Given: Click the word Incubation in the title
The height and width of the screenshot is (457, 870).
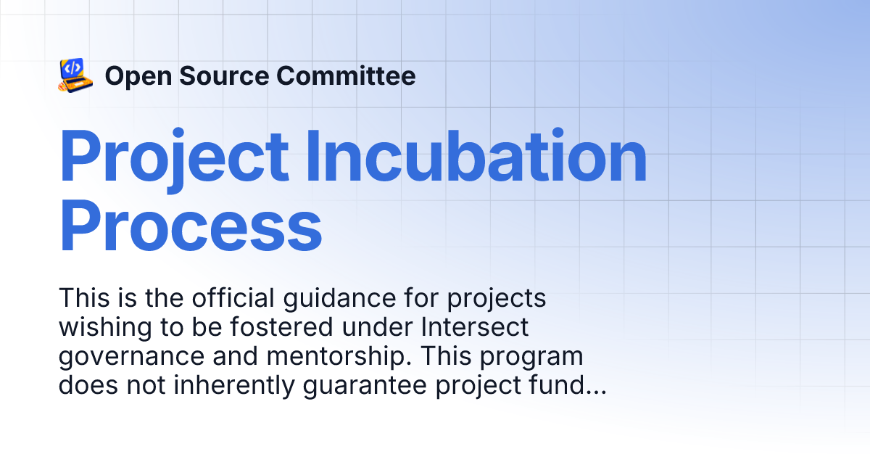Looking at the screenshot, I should [x=476, y=157].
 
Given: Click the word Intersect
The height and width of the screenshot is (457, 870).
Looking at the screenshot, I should [x=475, y=328].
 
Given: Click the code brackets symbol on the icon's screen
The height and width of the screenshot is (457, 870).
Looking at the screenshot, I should [x=72, y=68].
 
